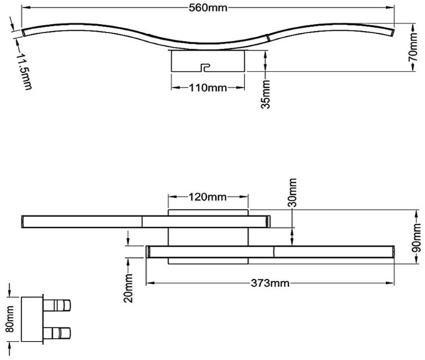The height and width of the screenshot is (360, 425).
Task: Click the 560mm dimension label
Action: point(208,9)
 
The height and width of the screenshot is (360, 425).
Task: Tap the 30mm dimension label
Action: point(293,192)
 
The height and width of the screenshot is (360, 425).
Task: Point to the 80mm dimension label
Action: point(9,320)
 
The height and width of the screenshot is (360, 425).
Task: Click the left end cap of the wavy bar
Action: point(23,33)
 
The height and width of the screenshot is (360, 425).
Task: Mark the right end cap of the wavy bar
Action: point(389,32)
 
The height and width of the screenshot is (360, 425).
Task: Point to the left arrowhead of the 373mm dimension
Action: point(150,283)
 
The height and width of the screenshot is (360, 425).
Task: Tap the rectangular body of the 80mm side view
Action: point(34,319)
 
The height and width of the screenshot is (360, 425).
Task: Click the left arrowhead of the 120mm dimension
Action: point(171,196)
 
